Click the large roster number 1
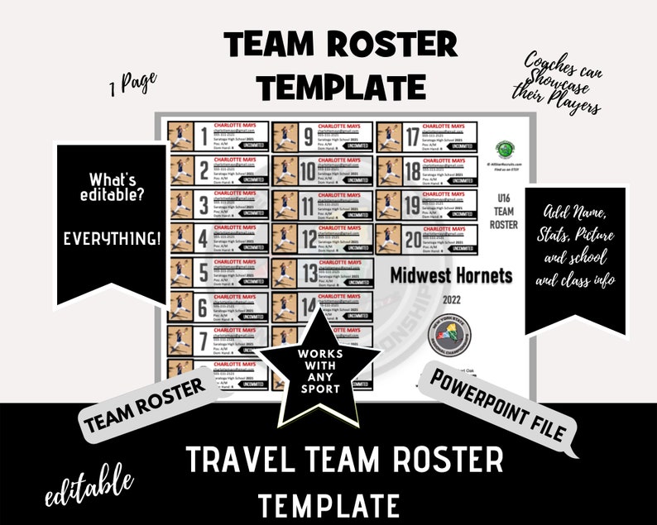coord(201,137)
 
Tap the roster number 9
coord(308,137)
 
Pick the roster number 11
coord(308,206)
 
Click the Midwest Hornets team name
coord(451,274)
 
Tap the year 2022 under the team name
coord(452,299)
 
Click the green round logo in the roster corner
coord(505,149)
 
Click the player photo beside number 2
coord(180,171)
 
